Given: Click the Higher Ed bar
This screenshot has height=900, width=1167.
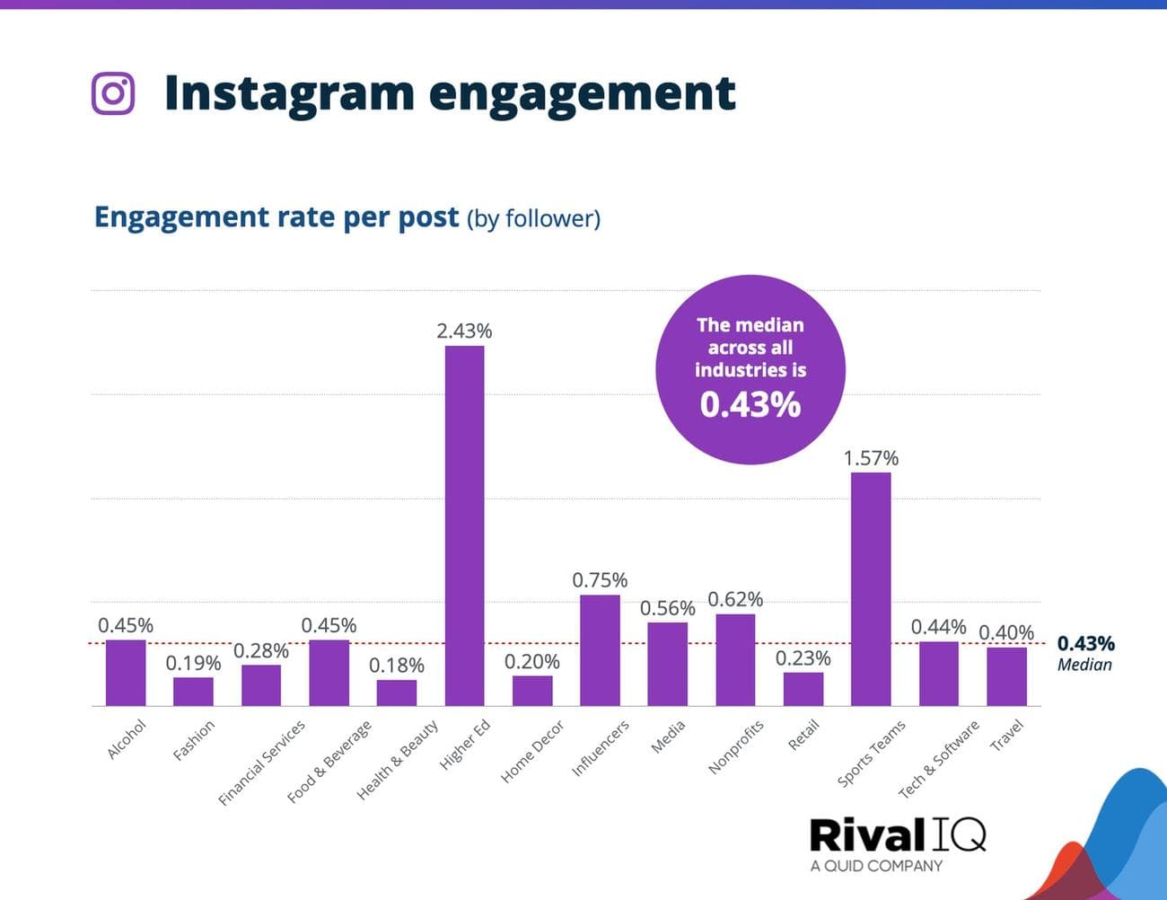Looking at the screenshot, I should point(464,525).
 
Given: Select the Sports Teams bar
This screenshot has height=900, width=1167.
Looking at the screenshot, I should point(871,588).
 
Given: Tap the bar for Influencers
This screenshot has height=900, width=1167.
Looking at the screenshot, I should point(600,649).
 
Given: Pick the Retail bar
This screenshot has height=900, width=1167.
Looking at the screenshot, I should point(803,689).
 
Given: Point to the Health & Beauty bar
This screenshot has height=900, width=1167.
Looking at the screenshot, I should point(396,693).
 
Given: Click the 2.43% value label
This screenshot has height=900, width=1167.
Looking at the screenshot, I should point(464,331).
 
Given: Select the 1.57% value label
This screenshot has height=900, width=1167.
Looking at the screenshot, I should point(871,458).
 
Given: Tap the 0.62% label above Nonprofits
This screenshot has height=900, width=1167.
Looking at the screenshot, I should point(735,599).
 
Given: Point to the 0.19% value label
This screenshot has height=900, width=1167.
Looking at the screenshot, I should point(193,663).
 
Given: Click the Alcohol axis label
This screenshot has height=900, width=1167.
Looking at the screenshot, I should point(127,739).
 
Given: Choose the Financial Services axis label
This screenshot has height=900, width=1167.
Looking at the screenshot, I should point(262,762).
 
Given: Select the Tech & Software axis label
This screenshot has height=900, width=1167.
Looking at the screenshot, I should point(938,759).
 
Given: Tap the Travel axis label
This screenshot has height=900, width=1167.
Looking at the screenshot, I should point(1006,736).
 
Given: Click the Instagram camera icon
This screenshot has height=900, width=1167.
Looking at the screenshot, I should point(113,93).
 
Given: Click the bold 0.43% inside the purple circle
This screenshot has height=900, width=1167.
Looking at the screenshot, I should point(750,405).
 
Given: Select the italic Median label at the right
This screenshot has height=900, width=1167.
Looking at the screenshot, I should point(1084,665).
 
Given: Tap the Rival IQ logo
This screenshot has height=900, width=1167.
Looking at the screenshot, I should point(897,834).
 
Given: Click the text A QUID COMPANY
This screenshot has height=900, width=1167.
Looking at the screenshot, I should point(876,866).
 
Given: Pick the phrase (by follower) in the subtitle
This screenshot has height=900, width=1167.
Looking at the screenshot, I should point(533,218).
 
